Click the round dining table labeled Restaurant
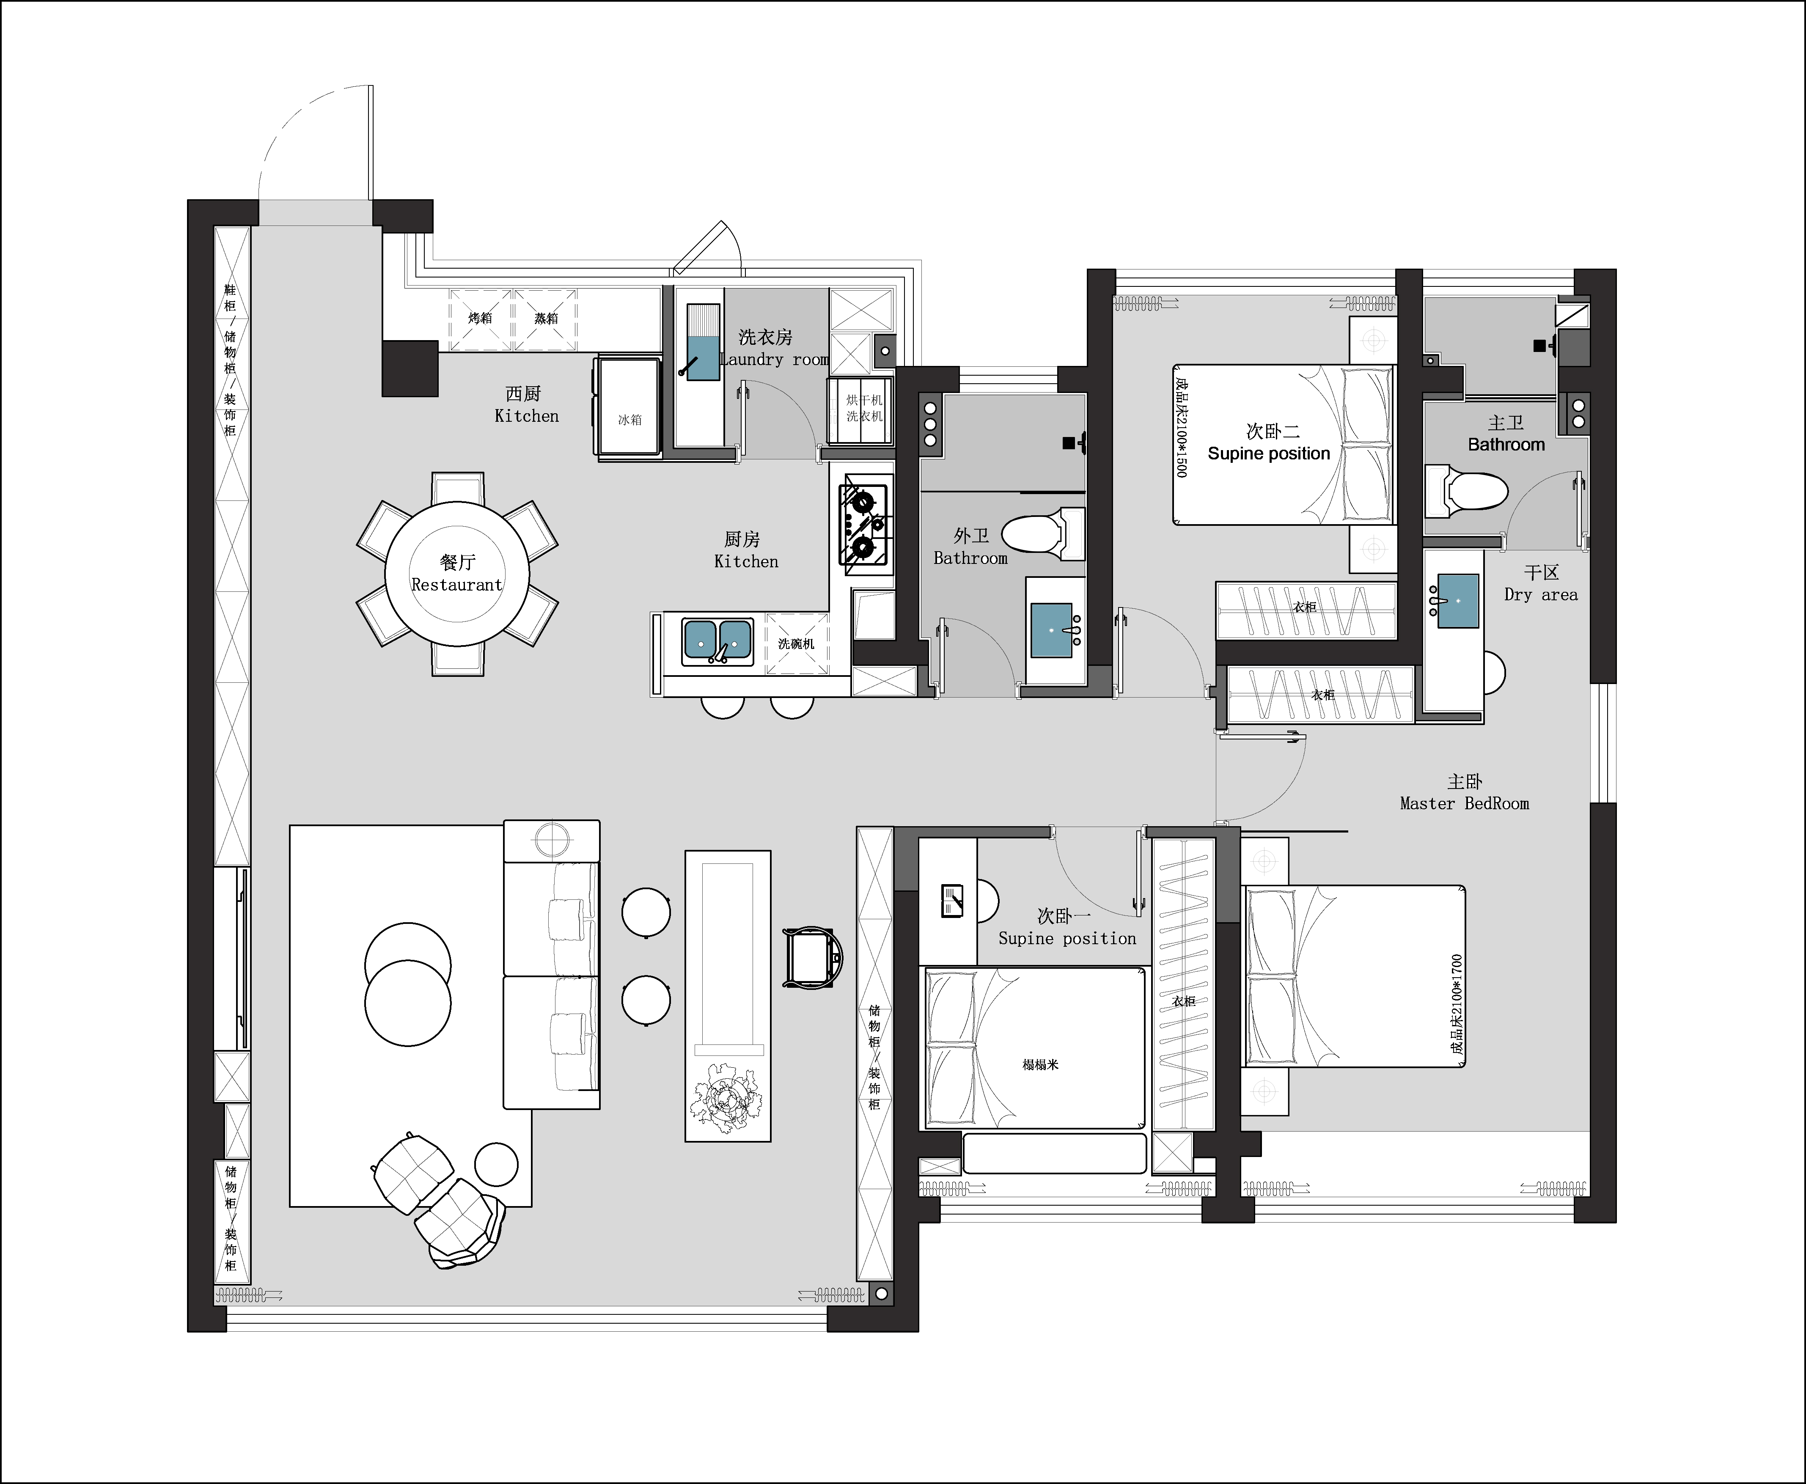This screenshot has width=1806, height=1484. click(457, 574)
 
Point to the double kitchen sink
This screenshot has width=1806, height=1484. click(717, 640)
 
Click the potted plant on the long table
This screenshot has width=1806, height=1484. click(726, 1099)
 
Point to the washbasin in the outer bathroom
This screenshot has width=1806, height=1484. click(1051, 630)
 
